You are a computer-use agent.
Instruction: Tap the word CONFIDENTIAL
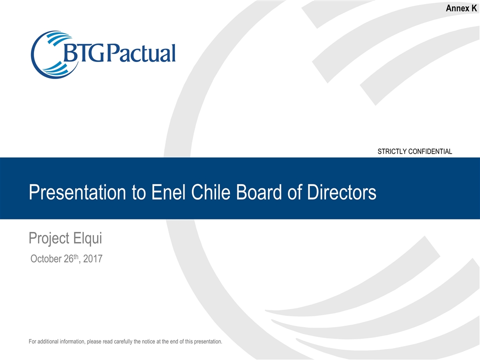click(432, 151)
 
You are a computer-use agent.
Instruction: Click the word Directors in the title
click(340, 192)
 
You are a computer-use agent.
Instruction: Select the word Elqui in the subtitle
click(88, 238)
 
